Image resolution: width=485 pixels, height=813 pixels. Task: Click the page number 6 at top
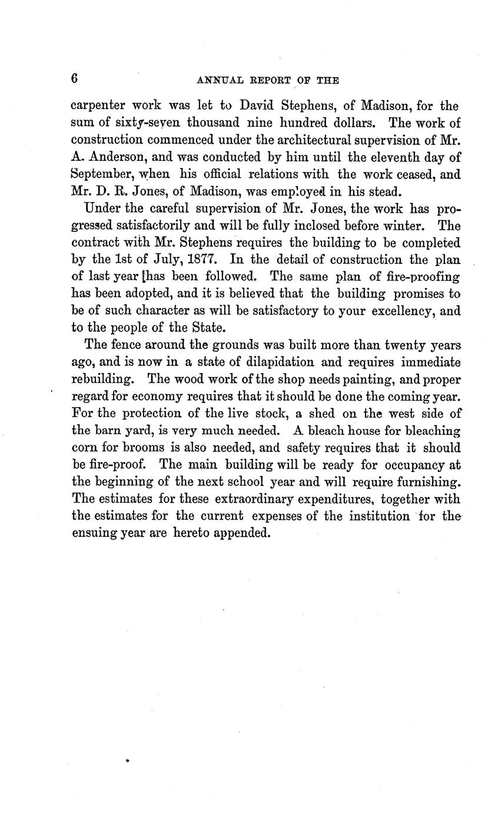point(74,79)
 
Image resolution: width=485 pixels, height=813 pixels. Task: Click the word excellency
point(393,310)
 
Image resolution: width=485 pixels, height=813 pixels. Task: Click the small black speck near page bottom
point(127,761)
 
